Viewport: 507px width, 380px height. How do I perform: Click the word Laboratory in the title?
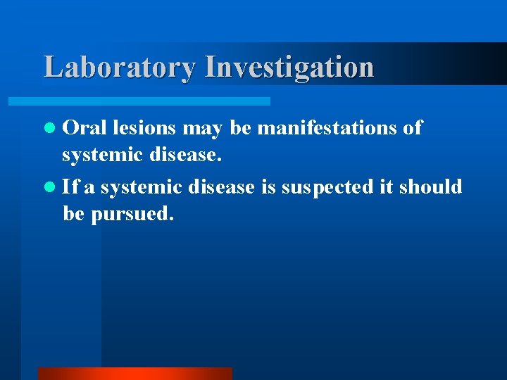point(120,68)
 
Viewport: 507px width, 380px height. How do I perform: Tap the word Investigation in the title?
point(289,68)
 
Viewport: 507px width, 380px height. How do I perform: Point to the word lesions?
point(144,127)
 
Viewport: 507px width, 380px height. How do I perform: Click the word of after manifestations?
point(412,127)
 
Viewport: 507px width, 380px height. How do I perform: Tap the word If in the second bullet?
point(70,186)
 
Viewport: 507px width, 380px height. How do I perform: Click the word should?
point(431,186)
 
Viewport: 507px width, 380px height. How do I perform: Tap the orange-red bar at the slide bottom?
point(134,374)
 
